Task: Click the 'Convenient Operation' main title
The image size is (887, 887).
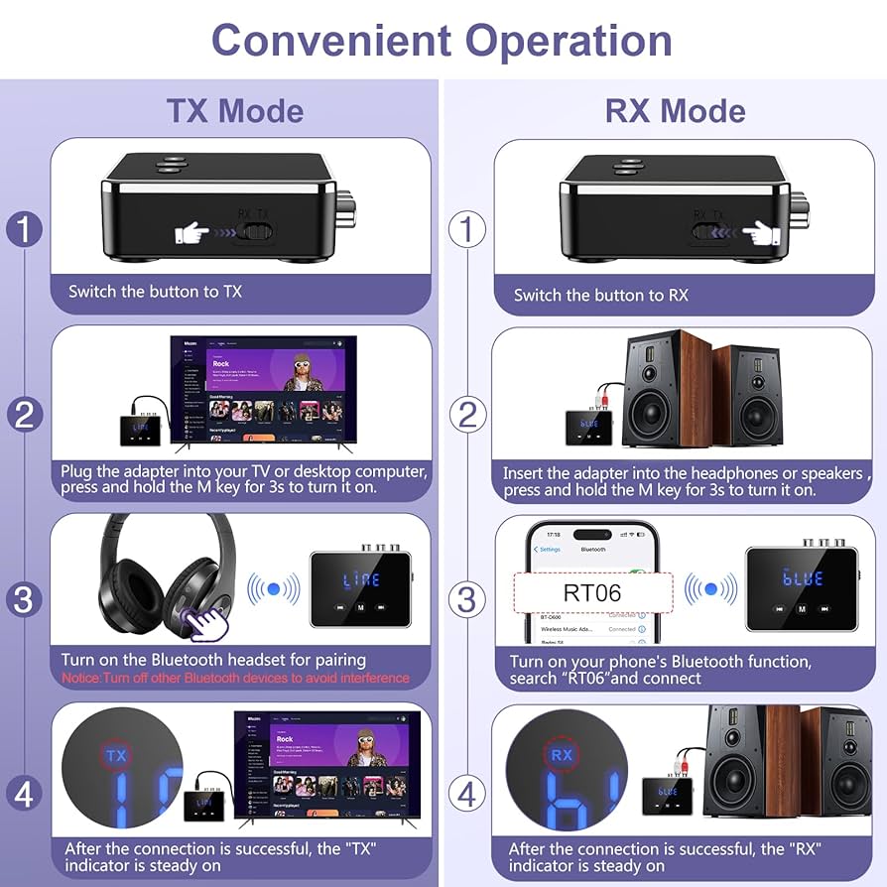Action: point(443,40)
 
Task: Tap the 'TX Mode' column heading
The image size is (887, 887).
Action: point(234,110)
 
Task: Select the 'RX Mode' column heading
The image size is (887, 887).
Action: point(675,110)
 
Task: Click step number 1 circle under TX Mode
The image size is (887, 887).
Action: point(24,230)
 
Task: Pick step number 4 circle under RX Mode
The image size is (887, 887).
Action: point(466,794)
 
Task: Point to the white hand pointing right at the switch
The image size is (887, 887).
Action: point(193,234)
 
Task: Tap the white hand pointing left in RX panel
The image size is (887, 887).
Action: point(761,234)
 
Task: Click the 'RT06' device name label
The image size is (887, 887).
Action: point(592,593)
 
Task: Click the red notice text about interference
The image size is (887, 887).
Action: point(235,678)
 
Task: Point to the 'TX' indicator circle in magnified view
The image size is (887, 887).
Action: point(117,756)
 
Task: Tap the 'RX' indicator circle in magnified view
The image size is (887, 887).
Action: point(562,756)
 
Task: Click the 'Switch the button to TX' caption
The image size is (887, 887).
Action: point(155,292)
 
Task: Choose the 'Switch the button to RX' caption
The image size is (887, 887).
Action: point(600,295)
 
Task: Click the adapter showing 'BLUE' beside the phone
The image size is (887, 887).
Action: point(801,587)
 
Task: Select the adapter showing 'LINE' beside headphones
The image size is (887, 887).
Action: point(359,589)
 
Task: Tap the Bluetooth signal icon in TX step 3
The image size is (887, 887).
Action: point(273,589)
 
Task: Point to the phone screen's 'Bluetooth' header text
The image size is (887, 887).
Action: point(592,549)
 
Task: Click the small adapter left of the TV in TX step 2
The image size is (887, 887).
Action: point(140,429)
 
